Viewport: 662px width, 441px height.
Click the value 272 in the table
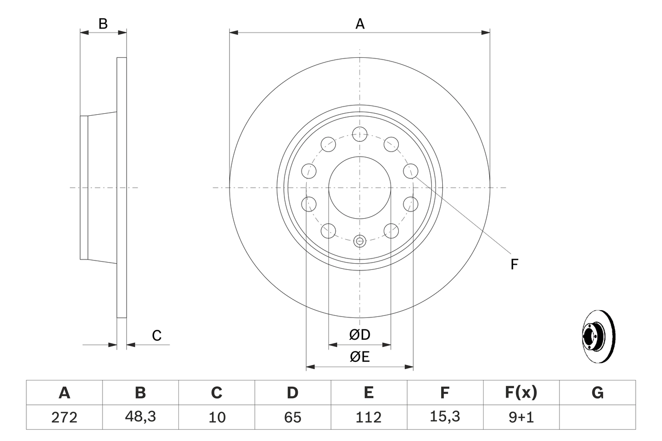tap(64, 417)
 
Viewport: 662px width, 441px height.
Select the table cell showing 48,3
tap(140, 417)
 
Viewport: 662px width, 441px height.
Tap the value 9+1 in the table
tap(521, 417)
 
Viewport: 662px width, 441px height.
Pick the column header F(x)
tap(521, 393)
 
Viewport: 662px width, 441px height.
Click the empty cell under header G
tap(597, 417)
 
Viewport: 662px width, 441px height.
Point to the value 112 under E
tap(368, 417)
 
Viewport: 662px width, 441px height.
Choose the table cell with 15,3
tap(445, 417)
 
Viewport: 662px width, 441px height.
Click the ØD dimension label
tap(360, 334)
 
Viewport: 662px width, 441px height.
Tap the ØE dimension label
tap(360, 357)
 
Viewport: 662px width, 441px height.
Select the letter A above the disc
tap(360, 24)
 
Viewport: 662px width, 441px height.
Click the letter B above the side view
tap(103, 24)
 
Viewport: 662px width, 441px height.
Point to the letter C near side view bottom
tap(157, 336)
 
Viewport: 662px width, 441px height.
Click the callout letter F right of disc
tap(514, 265)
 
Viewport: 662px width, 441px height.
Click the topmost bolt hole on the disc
tap(359, 134)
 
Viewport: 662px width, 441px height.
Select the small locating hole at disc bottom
tap(359, 240)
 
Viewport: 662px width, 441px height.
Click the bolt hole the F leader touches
tap(411, 170)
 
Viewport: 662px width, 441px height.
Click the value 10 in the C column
tap(217, 417)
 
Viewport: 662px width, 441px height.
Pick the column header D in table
tap(293, 393)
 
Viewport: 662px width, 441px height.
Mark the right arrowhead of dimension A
tap(486, 33)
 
